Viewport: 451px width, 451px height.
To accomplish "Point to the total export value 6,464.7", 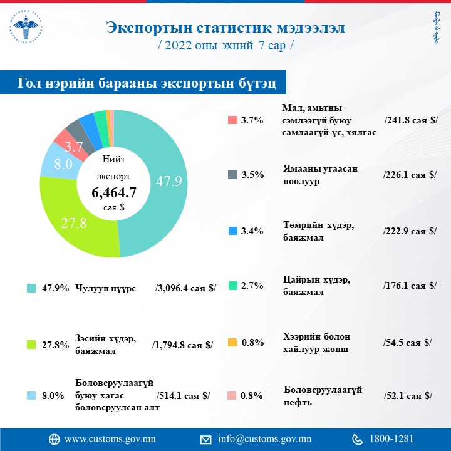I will (113, 192).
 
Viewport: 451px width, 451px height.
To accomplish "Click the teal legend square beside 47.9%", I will (31, 288).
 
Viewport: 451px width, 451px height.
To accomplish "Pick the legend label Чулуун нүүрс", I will (105, 288).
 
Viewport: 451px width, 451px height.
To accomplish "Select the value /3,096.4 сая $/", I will (185, 288).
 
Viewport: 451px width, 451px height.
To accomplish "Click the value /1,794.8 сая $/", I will (182, 344).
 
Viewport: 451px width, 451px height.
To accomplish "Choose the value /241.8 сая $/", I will (410, 120).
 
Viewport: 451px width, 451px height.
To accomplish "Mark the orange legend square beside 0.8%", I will (232, 342).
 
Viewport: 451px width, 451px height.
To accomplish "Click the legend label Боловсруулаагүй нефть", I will (323, 395).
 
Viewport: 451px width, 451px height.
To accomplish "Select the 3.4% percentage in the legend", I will (252, 231).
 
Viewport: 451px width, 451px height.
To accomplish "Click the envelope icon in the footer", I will (205, 438).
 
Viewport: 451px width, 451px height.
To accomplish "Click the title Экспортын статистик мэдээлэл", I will (225, 28).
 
